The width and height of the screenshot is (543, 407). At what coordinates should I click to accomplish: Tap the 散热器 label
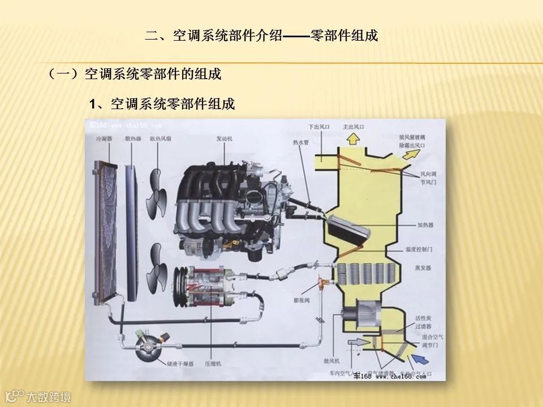[x=133, y=138]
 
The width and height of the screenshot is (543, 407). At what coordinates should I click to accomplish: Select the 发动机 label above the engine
[x=225, y=138]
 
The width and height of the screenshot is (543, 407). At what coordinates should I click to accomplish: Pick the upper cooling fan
[x=158, y=200]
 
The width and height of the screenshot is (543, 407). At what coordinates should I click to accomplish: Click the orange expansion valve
[x=323, y=281]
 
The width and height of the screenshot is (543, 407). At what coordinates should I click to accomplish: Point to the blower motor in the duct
[x=359, y=315]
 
